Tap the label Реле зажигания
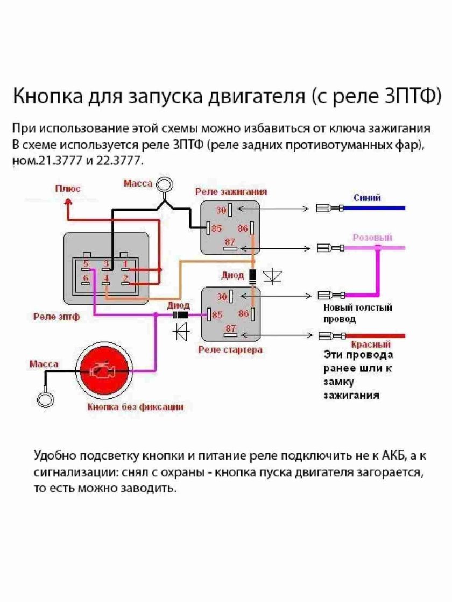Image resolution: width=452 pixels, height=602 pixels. [231, 192]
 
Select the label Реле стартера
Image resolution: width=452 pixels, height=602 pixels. [230, 349]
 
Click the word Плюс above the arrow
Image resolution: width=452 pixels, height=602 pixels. [68, 189]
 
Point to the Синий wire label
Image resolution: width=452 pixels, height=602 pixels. [367, 198]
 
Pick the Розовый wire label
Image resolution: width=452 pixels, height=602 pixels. [372, 237]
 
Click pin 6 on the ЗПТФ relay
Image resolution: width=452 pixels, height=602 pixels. [86, 278]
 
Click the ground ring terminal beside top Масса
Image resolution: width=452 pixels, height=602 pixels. [165, 185]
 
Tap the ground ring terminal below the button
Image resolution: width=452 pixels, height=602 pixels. [46, 400]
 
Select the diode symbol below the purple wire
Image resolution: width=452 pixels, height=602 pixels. [180, 331]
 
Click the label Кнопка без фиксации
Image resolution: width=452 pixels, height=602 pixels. [135, 407]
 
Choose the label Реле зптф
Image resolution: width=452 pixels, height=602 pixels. [56, 317]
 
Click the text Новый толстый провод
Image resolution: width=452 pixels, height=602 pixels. [357, 313]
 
